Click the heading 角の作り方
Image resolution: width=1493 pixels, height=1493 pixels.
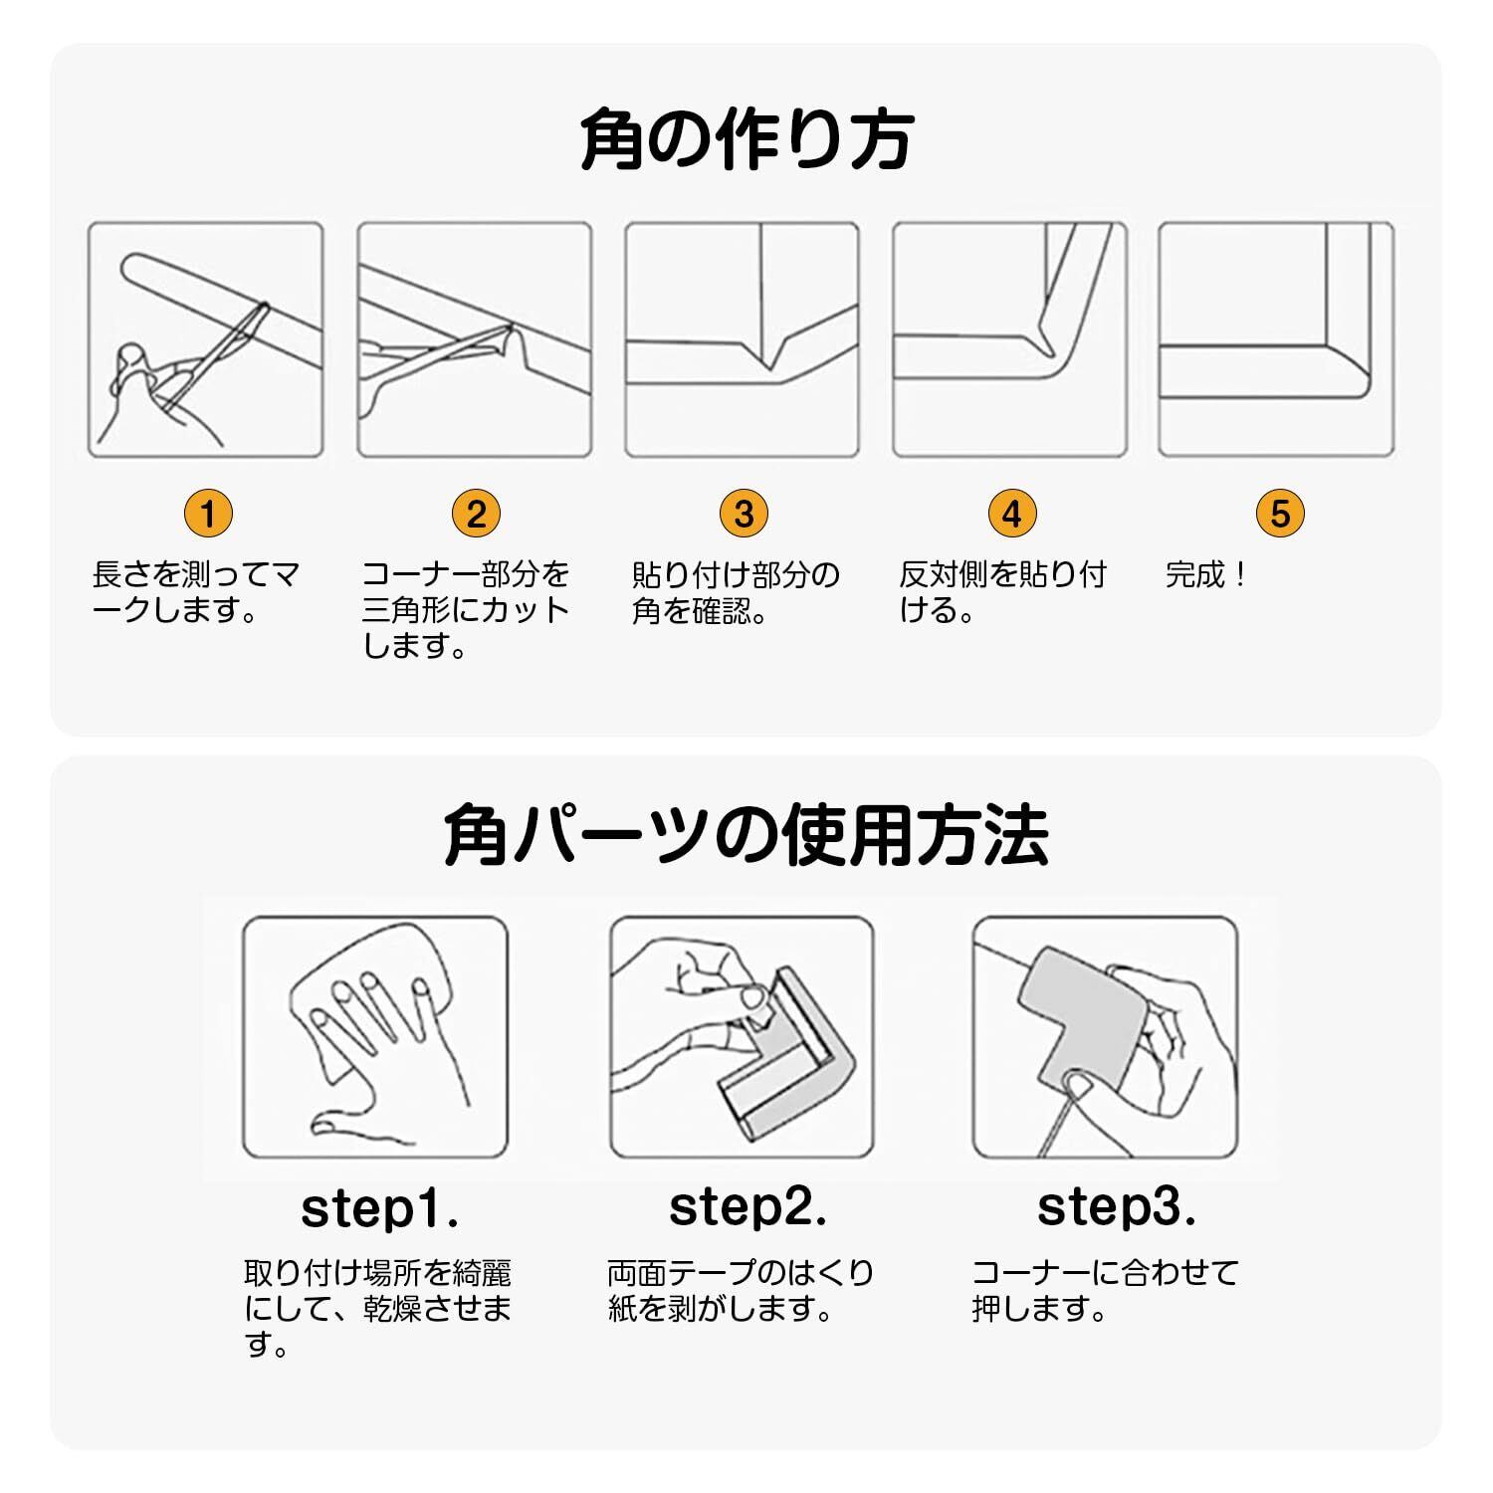[746, 141]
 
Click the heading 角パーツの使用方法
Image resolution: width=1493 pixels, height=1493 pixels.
[746, 835]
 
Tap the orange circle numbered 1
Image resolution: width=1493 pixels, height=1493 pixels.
[208, 514]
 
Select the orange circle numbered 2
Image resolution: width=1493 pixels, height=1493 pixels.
[476, 514]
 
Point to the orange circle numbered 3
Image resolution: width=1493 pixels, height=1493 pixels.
[744, 514]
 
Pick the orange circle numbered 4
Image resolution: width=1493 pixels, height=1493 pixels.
[1012, 514]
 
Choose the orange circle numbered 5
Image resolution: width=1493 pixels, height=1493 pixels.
[1280, 514]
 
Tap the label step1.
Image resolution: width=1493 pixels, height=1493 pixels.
[379, 1209]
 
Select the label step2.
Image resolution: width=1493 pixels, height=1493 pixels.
[747, 1207]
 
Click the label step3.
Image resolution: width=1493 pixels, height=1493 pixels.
[1116, 1207]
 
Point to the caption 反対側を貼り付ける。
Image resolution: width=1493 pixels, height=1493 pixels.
[1002, 592]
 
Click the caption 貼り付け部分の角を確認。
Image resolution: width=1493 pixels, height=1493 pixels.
[736, 592]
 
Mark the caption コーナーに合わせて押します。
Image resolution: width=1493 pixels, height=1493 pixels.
[1105, 1291]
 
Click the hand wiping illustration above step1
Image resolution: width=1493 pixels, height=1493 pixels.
[375, 1037]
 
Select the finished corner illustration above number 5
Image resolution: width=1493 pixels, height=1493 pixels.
[1276, 340]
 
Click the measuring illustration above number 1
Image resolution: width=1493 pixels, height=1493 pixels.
[206, 340]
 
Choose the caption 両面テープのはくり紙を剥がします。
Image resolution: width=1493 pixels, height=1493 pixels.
[741, 1291]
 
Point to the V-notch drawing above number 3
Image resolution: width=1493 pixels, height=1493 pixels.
[742, 340]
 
